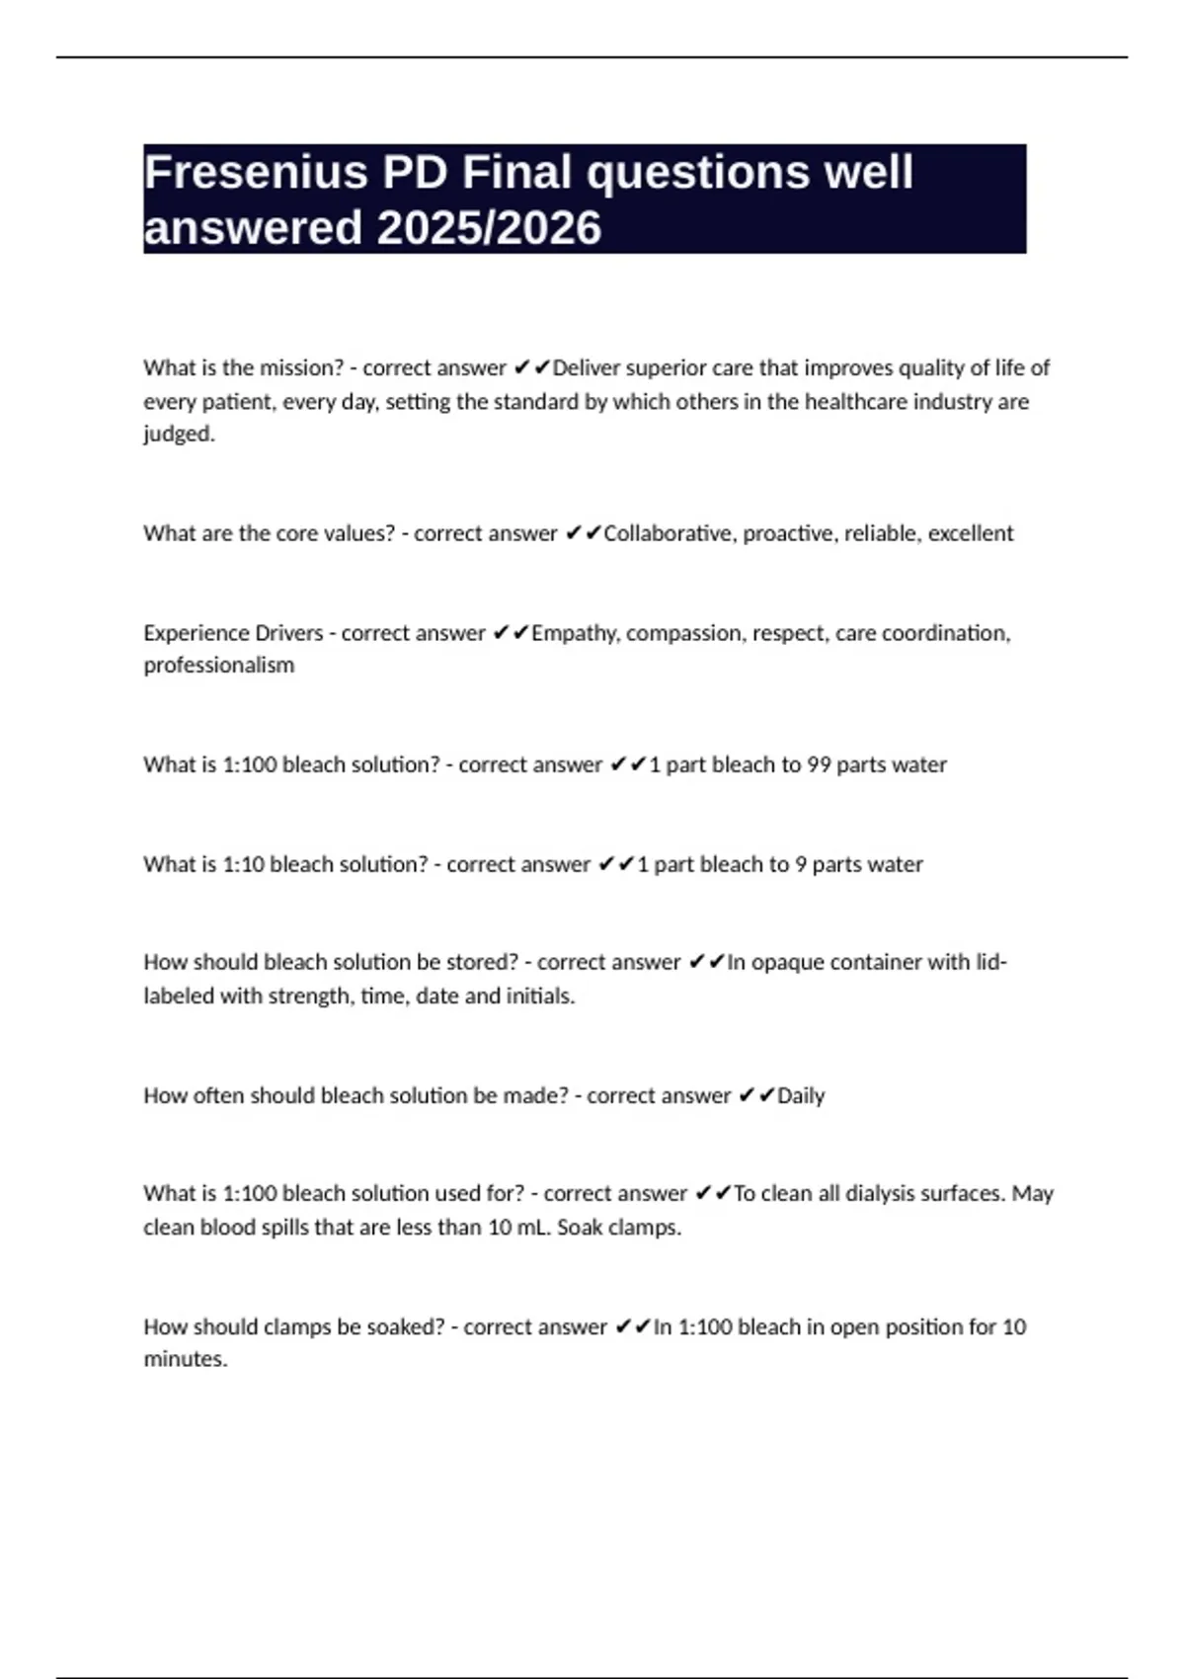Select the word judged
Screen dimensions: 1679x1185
coord(179,435)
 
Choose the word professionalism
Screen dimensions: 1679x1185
coord(218,666)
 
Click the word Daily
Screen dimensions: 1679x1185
coord(801,1095)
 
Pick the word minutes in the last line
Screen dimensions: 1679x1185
coord(185,1360)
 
